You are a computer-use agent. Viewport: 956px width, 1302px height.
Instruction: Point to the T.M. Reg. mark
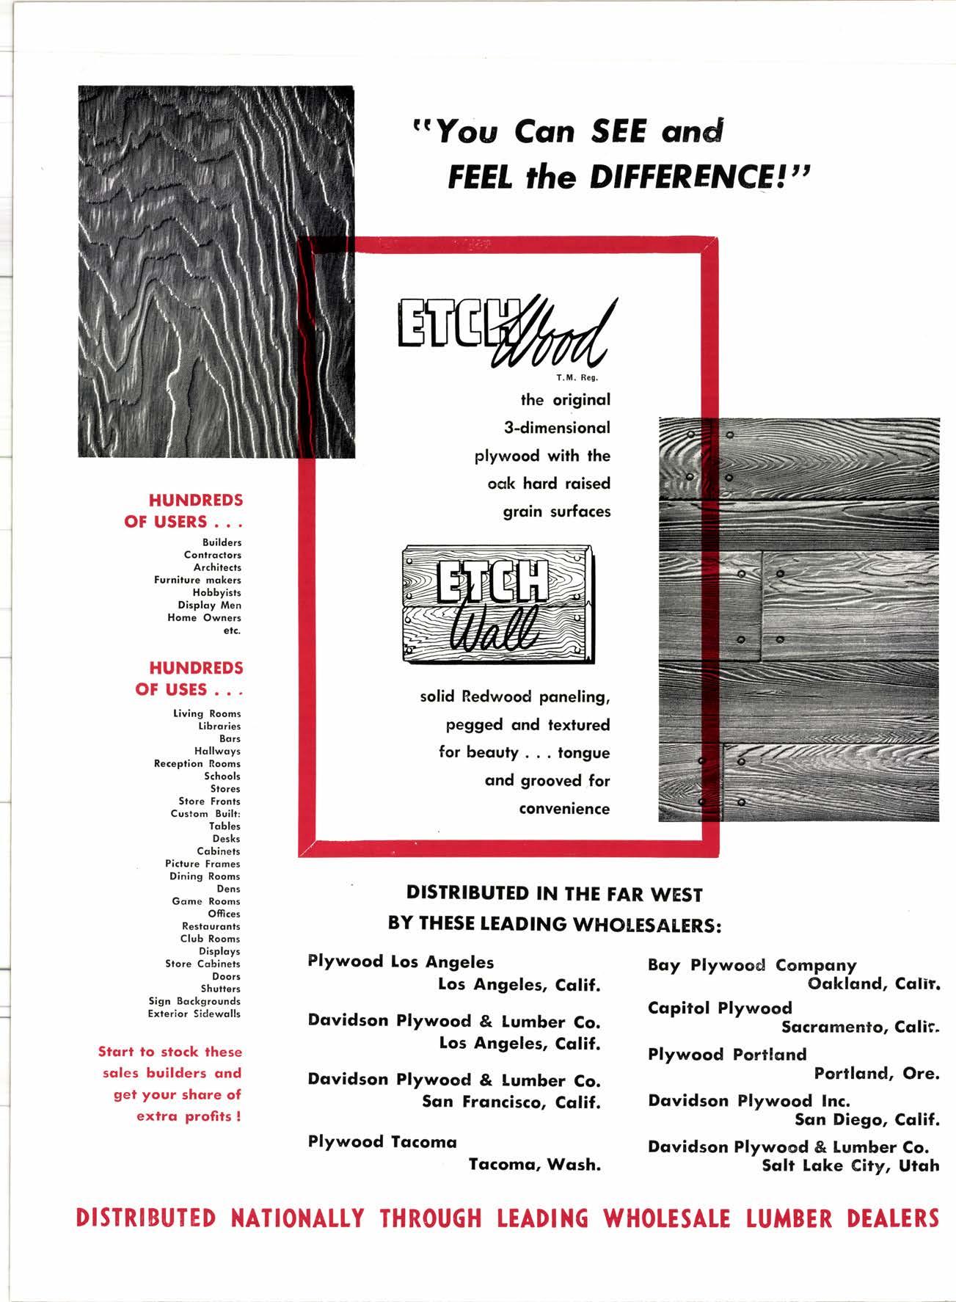coord(582,379)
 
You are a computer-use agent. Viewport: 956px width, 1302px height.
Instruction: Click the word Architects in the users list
coord(217,567)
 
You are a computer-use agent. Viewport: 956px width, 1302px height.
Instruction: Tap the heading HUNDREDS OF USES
coord(189,679)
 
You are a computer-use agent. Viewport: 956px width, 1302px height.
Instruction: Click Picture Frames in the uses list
coord(202,864)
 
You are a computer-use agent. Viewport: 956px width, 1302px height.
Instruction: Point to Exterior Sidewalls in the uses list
coord(194,1014)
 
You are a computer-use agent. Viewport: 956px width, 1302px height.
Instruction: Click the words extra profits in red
coord(189,1117)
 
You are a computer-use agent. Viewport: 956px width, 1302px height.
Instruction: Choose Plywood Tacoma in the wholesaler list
coord(382,1141)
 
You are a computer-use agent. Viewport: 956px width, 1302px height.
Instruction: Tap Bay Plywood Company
coord(752,965)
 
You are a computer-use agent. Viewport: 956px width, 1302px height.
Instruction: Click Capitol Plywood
coord(720,1008)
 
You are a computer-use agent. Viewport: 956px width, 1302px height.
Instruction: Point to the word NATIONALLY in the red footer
coord(297,1219)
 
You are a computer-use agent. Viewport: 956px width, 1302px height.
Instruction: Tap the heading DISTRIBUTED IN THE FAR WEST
coord(554,894)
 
